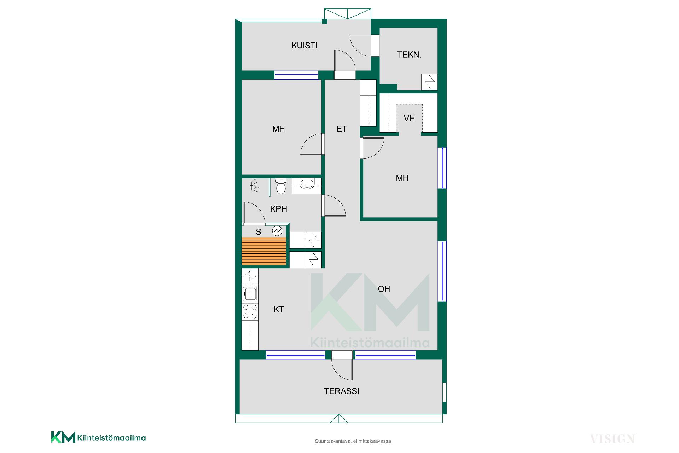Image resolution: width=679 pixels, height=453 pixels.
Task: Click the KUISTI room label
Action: (304, 45)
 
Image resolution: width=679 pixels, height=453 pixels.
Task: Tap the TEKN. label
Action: (409, 55)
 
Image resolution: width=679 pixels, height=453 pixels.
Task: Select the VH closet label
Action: (409, 118)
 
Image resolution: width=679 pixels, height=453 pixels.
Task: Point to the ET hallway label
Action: (341, 129)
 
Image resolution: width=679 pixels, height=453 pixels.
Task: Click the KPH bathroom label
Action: (278, 209)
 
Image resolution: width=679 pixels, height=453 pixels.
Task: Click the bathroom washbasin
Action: (306, 184)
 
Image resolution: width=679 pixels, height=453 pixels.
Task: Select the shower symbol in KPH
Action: (255, 186)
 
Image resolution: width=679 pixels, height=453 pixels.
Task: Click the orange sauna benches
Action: (264, 251)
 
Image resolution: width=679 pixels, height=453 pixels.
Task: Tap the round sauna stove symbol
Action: (277, 231)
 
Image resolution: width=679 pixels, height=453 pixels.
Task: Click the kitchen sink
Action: (250, 294)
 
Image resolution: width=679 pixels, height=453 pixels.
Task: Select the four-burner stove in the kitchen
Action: (250, 311)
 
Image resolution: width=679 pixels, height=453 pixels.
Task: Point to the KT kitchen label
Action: (278, 309)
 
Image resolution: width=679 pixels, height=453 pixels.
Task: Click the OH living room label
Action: (384, 289)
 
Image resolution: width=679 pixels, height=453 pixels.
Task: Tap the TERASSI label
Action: (342, 391)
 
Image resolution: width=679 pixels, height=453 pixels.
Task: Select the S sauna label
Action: (259, 232)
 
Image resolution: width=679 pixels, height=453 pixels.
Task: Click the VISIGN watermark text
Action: (613, 439)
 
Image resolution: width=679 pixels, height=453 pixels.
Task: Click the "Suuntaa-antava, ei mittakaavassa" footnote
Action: (353, 441)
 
